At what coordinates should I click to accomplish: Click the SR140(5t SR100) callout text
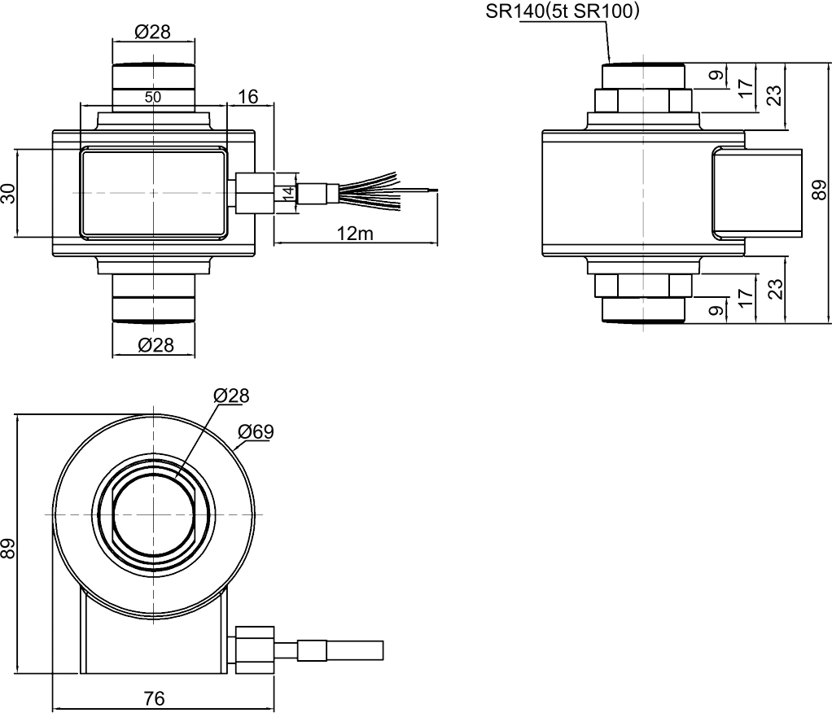[x=563, y=11]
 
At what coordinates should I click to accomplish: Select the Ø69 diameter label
[x=256, y=431]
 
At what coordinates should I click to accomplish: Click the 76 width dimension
[x=154, y=698]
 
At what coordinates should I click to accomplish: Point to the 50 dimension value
[x=153, y=96]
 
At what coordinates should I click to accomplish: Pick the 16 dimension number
[x=248, y=97]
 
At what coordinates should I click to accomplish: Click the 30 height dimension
[x=8, y=194]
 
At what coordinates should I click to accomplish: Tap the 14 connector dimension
[x=287, y=194]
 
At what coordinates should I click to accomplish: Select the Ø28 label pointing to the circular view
[x=231, y=396]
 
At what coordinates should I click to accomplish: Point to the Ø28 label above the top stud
[x=153, y=31]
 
